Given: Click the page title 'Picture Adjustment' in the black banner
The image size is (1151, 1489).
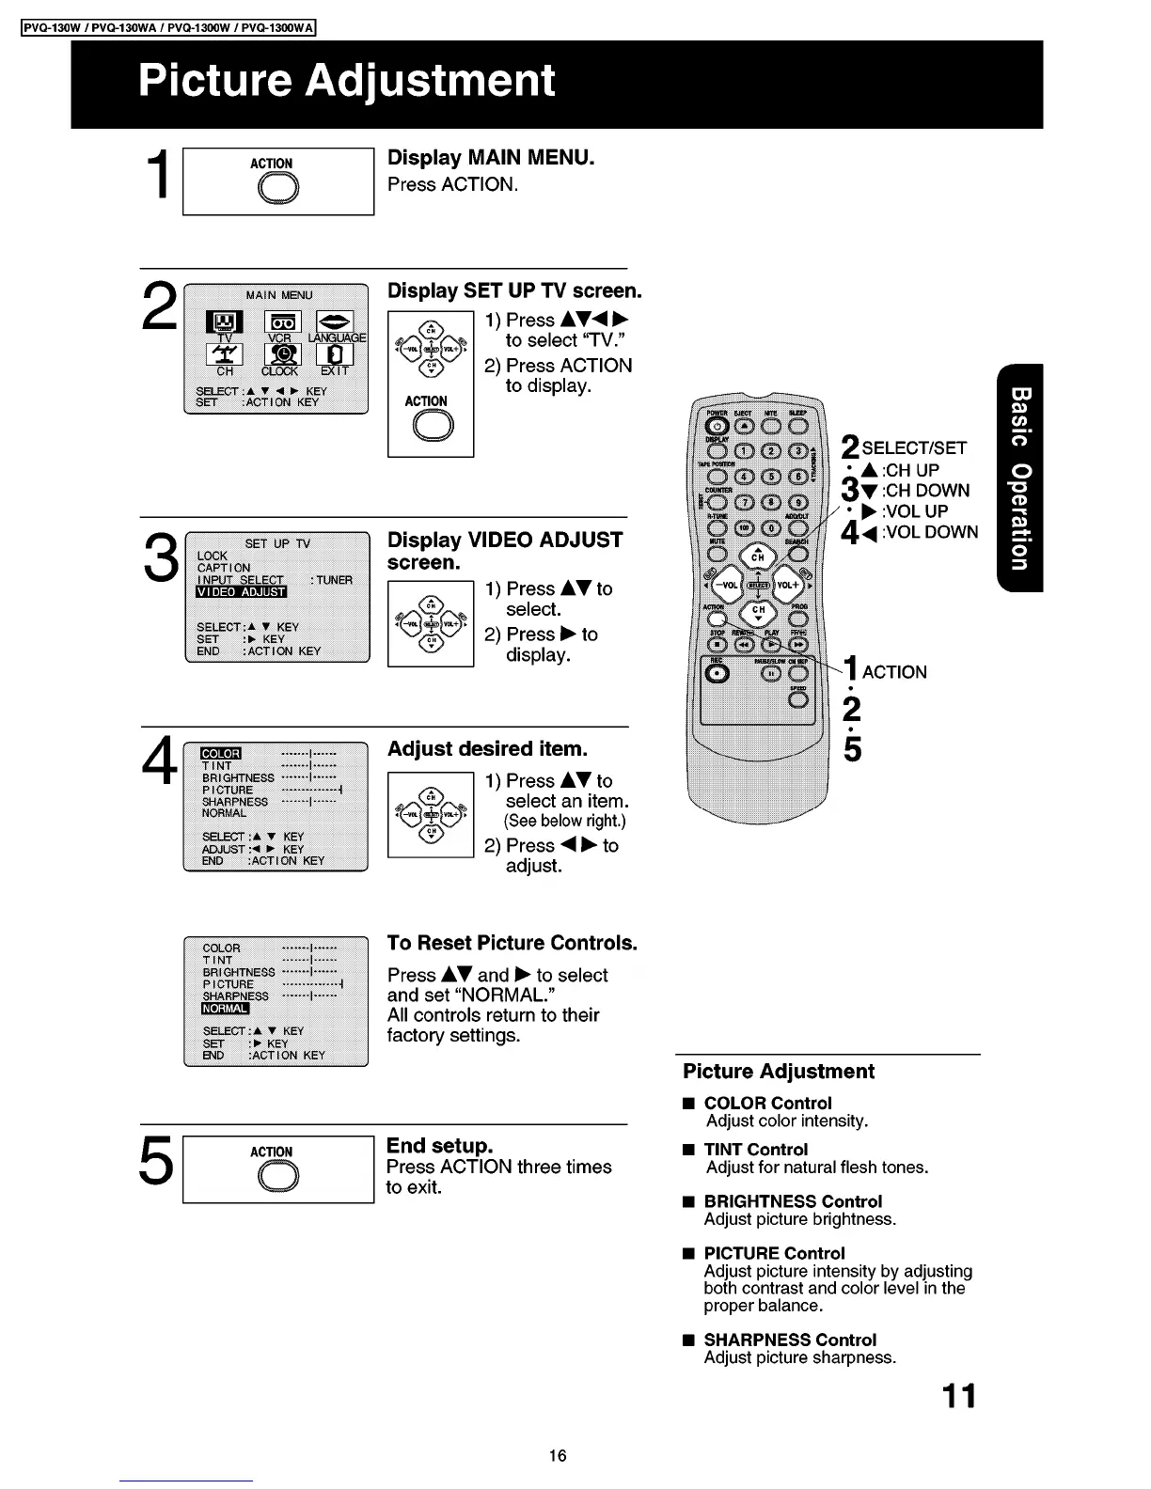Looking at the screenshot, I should coord(346,81).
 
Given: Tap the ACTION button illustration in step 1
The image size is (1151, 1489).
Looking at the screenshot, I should coord(273,190).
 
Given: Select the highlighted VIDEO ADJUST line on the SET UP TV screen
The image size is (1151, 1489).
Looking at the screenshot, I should coord(241,591).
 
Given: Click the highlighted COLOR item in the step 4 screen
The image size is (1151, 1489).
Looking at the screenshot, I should coord(222,753).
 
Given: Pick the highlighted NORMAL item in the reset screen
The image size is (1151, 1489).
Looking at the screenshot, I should coord(225,1009).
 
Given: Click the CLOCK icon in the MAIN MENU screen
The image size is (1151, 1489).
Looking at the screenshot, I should coord(279,354).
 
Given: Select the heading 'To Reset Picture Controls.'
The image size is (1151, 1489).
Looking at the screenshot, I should coord(512,943).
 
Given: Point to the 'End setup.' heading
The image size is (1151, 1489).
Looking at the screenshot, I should coord(440,1146).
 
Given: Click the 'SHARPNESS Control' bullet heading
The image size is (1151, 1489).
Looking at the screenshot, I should coord(790,1340).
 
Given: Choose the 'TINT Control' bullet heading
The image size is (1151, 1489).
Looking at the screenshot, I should coord(755,1150).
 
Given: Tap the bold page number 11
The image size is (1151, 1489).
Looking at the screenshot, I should coord(958,1396).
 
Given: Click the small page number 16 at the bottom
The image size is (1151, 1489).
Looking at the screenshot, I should coord(558,1456).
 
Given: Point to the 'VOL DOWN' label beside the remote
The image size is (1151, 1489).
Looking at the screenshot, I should coord(930,532).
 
